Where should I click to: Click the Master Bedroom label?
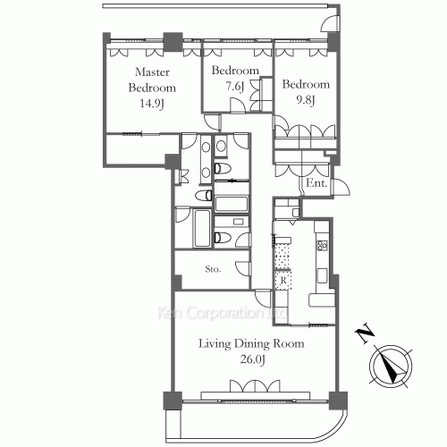(x=152, y=80)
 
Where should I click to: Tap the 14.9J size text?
(x=152, y=104)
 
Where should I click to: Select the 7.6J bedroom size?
(x=235, y=87)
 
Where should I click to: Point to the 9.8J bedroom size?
(x=306, y=100)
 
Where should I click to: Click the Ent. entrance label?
(x=316, y=182)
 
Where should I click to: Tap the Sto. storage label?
(x=213, y=269)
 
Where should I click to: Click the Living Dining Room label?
(x=251, y=343)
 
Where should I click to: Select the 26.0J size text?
(x=253, y=359)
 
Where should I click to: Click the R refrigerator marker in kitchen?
(x=283, y=280)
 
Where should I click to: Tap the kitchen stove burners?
(x=322, y=245)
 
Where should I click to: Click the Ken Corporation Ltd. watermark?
(x=223, y=313)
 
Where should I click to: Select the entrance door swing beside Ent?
(x=342, y=187)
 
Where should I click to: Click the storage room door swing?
(x=243, y=269)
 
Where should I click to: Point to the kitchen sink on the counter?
(x=322, y=275)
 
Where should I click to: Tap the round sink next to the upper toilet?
(x=221, y=146)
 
